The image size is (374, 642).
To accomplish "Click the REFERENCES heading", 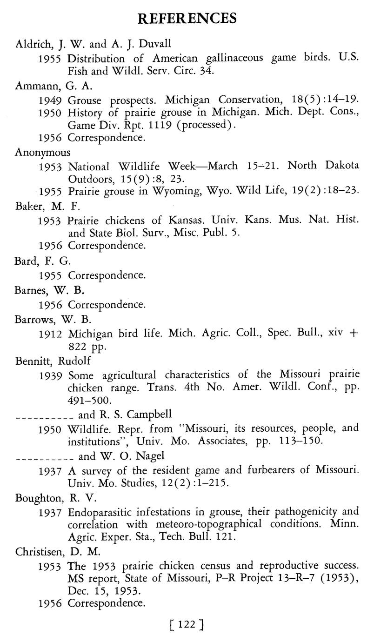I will pyautogui.click(x=187, y=18).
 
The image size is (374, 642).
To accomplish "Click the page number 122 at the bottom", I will pyautogui.click(x=187, y=624).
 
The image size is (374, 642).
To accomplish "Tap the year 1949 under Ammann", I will pyautogui.click(x=51, y=100).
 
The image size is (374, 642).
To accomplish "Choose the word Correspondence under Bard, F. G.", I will pyautogui.click(x=107, y=275).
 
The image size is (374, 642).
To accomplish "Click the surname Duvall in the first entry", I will pyautogui.click(x=155, y=44).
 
